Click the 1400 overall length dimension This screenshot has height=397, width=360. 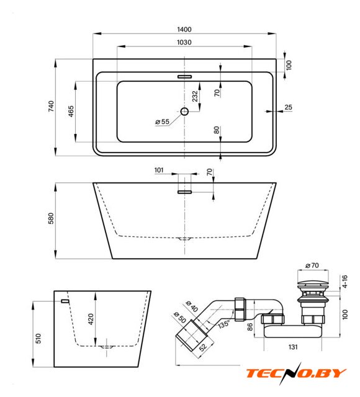tap(184, 29)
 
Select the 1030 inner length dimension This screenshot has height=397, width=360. tap(184, 42)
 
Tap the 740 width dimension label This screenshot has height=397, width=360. tap(51, 106)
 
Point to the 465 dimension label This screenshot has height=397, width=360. tap(71, 111)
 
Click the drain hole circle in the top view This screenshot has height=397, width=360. tap(184, 112)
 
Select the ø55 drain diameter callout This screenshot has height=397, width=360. tap(162, 122)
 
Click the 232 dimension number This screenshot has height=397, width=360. tap(195, 96)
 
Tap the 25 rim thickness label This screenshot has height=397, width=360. tap(288, 107)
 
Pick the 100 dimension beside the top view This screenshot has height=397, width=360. tap(289, 65)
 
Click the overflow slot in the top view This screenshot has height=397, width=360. tap(184, 76)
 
